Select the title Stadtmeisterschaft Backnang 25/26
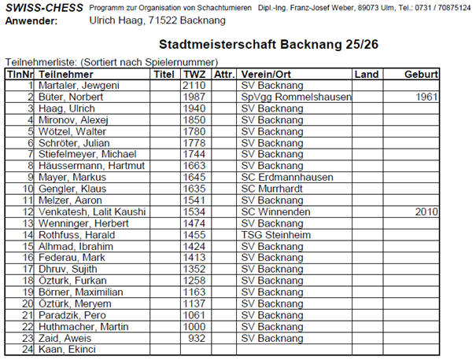coord(268,46)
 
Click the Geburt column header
coord(420,73)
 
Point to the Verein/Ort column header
coord(268,73)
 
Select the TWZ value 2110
coord(194,85)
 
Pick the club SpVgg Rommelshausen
coord(295,97)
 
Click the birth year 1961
coord(425,97)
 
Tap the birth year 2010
coord(425,212)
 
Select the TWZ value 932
coord(197,339)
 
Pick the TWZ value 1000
coord(194,327)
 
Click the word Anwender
coord(31,20)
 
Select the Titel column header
coord(164,73)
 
